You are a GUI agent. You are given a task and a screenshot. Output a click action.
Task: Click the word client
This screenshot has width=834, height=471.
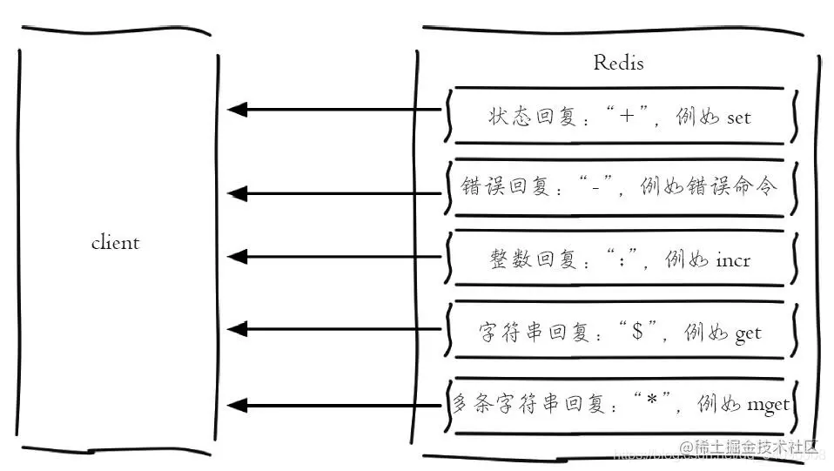pyautogui.click(x=115, y=242)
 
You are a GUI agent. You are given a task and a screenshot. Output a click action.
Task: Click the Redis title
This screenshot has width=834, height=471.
pyautogui.click(x=618, y=63)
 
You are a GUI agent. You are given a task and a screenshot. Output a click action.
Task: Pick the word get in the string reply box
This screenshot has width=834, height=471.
pyautogui.click(x=747, y=333)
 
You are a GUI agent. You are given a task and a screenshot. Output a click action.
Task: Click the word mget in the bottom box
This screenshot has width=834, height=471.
pyautogui.click(x=768, y=405)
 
